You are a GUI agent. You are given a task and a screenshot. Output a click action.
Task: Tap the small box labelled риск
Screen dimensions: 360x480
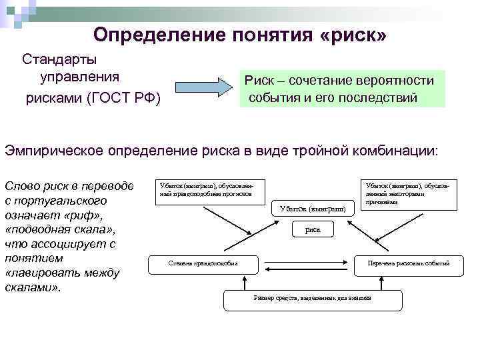click(312, 229)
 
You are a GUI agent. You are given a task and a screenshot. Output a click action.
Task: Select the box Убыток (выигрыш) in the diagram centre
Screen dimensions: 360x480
click(313, 208)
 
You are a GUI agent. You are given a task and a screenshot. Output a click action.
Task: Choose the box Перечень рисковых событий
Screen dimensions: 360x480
click(409, 263)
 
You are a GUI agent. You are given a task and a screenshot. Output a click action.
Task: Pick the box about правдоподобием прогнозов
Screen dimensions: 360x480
click(210, 189)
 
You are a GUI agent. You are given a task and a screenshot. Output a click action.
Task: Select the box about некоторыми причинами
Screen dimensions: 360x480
click(409, 193)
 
